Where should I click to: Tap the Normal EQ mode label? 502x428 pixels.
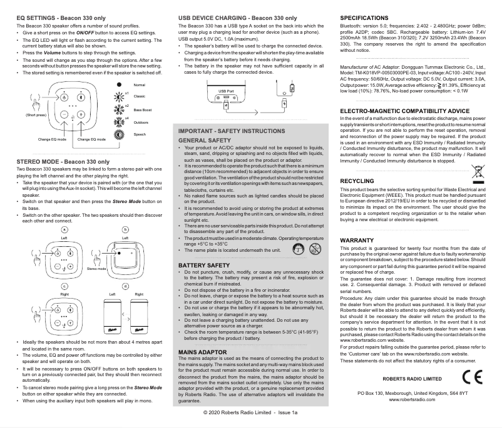(140, 84)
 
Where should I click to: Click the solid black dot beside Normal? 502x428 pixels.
(120, 84)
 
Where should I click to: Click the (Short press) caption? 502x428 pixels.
(36, 116)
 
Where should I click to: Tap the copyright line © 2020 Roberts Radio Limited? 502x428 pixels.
(250, 414)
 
